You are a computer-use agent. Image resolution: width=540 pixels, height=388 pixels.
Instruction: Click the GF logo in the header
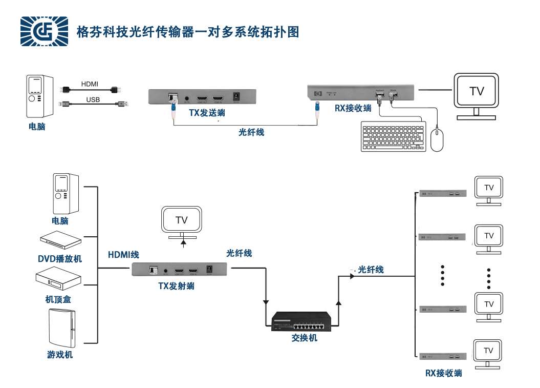coord(44,31)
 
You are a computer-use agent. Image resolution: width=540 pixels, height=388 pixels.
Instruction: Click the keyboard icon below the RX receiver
coord(394,136)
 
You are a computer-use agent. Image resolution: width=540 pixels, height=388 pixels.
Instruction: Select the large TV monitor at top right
coord(476,96)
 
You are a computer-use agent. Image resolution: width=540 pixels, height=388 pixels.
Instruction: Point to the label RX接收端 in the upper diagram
coord(354,108)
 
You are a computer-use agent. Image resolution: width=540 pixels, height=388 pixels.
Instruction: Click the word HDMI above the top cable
coord(90,84)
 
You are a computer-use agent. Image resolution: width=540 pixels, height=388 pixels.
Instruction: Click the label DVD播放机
coord(60,259)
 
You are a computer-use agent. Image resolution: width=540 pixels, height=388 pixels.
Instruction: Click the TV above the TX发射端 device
coord(182,222)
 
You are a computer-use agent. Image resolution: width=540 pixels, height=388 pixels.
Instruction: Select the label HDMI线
coord(123,255)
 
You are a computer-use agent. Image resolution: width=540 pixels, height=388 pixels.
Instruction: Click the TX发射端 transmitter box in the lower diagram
coord(180,270)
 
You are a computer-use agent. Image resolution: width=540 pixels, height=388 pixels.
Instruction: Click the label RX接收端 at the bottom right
coord(443,373)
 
